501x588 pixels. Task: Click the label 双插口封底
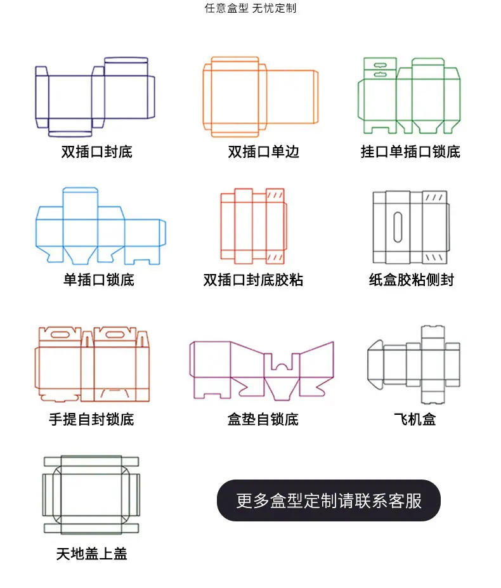[97, 152]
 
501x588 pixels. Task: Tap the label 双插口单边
[263, 152]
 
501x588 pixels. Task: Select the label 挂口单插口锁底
[410, 152]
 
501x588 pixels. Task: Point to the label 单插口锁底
[99, 280]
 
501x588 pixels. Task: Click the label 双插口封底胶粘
[253, 280]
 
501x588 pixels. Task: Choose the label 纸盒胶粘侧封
[412, 280]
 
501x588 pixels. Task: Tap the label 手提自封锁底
[91, 419]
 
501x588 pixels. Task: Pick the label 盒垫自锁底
[263, 419]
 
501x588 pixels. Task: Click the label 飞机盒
[415, 419]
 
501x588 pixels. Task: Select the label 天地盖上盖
[91, 554]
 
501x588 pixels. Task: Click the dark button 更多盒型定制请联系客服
[329, 500]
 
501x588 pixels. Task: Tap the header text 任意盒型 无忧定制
[251, 8]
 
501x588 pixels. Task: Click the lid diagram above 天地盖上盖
[61, 495]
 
